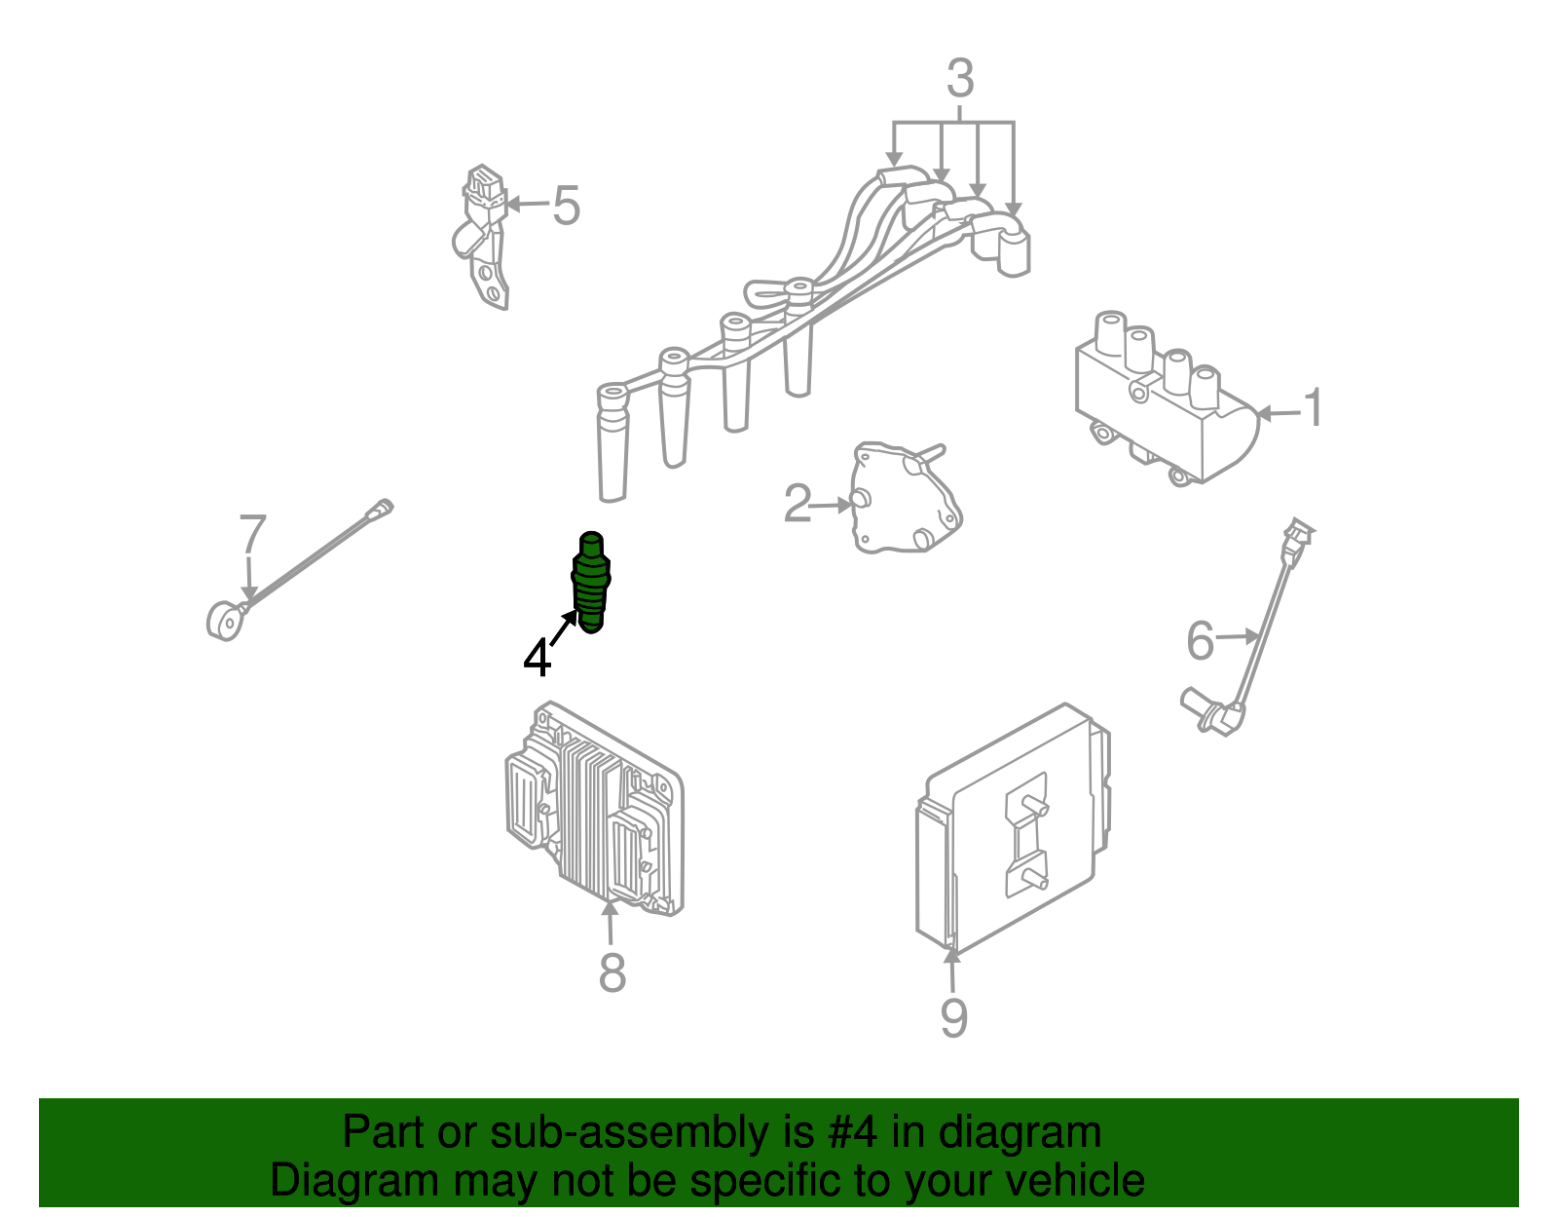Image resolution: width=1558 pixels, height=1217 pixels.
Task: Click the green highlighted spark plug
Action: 591,583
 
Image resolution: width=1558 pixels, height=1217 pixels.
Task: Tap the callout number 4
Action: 537,658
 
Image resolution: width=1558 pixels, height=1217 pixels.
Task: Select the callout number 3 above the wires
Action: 960,78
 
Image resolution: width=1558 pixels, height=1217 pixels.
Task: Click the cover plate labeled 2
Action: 906,499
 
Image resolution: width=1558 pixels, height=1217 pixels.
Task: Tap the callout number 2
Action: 798,504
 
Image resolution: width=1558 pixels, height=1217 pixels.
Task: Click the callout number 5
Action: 566,206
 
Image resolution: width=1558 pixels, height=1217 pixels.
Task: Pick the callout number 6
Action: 1201,640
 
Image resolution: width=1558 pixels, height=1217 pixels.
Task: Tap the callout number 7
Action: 251,534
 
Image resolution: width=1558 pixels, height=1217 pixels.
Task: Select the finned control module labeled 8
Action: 594,809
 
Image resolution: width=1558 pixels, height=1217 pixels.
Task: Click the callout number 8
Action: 612,973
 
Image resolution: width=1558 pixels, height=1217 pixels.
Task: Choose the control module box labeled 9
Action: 1013,830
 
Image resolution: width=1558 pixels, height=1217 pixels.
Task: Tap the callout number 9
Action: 953,1017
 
